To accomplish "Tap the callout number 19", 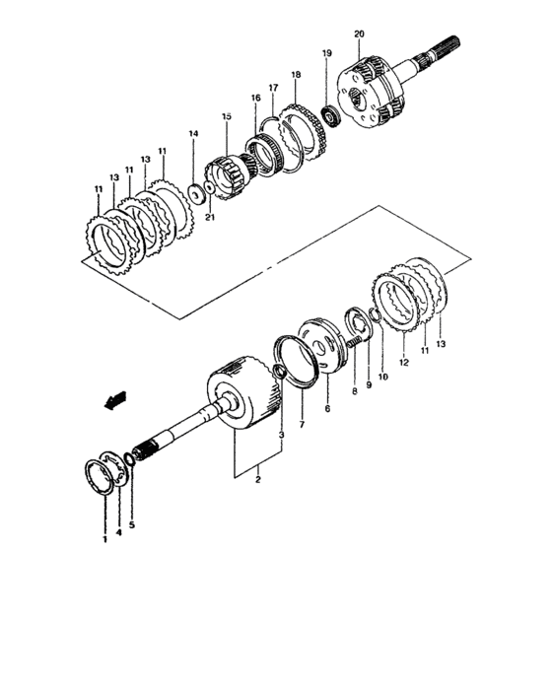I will (327, 53).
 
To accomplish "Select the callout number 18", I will (295, 75).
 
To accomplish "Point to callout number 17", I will (273, 88).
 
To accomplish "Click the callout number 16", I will (255, 99).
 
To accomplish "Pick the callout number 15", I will (226, 116).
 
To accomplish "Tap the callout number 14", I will (193, 134).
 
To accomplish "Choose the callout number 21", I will (209, 218).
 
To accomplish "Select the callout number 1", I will (103, 540).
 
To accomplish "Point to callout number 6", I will (326, 407).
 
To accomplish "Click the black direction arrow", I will (116, 399).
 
